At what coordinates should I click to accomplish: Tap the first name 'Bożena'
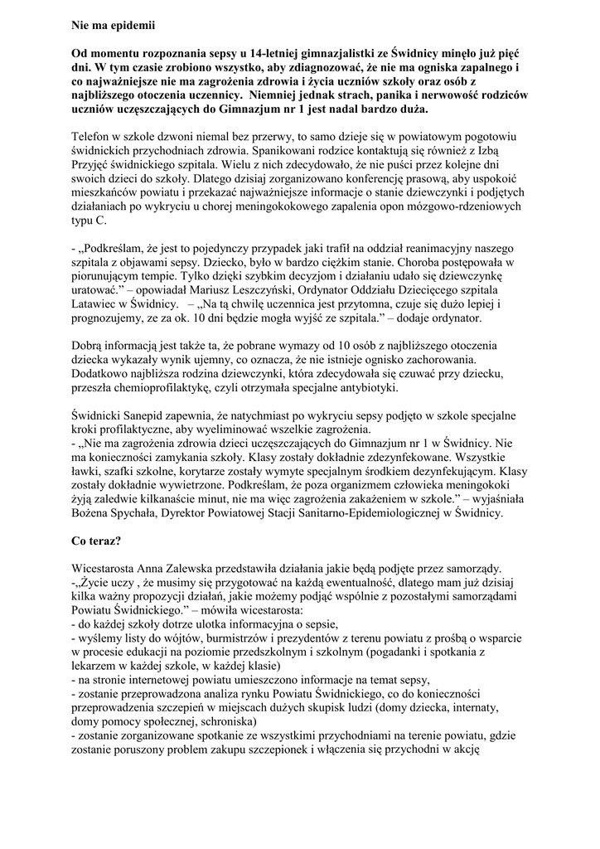pos(94,513)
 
